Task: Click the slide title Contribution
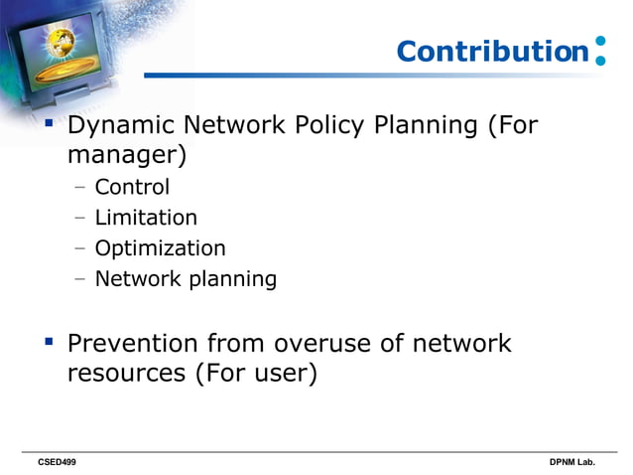pos(492,52)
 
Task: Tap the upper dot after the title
pos(599,43)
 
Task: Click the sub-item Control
pos(132,187)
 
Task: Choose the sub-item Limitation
pos(146,218)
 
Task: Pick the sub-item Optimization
pos(160,248)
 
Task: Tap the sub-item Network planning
pos(186,279)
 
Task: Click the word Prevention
pos(132,344)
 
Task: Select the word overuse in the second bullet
pos(328,344)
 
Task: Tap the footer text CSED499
pos(57,463)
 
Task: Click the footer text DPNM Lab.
pos(572,463)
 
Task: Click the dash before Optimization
pos(80,248)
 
